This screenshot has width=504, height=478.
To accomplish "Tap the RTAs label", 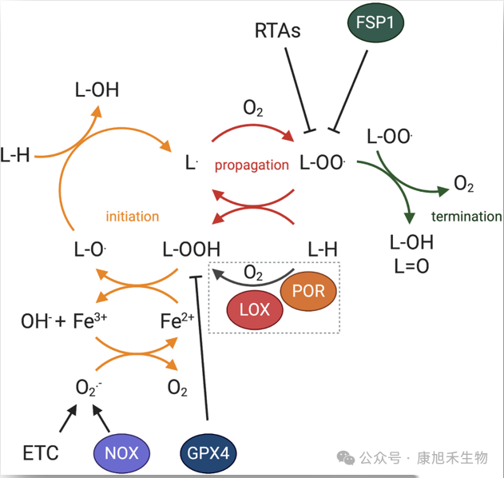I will click(x=278, y=31).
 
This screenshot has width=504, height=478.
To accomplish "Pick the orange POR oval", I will click(x=309, y=291).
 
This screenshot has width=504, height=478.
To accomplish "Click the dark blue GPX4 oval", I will click(x=207, y=453).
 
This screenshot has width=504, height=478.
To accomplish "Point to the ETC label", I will click(x=41, y=453).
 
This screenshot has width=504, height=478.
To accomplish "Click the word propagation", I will click(x=252, y=165).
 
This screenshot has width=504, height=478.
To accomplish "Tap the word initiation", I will click(x=133, y=216).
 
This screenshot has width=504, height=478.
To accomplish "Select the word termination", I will click(x=466, y=217).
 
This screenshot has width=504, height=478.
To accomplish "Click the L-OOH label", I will click(x=191, y=249).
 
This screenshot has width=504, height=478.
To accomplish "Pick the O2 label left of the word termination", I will click(x=463, y=185).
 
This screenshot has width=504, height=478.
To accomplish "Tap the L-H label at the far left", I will click(x=15, y=155).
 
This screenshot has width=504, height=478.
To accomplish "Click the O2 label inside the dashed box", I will click(x=253, y=273).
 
